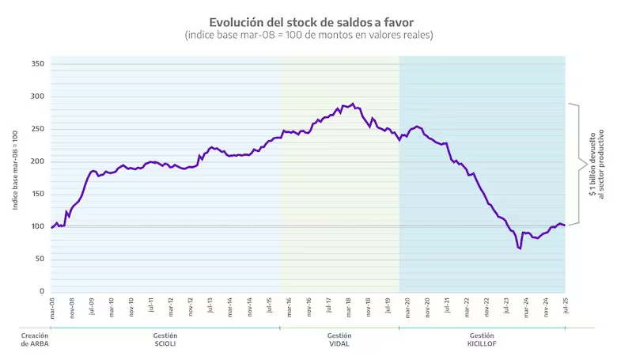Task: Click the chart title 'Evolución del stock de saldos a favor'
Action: click(x=308, y=22)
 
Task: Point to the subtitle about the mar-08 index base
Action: click(x=308, y=36)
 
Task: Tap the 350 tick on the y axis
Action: click(x=37, y=63)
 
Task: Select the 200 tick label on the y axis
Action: click(x=37, y=161)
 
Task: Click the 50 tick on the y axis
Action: click(x=39, y=259)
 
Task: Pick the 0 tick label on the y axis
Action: click(x=41, y=291)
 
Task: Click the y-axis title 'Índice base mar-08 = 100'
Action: click(x=16, y=170)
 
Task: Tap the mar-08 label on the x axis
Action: click(x=52, y=306)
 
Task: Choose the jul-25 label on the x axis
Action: click(x=565, y=306)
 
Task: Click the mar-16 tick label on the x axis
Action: click(x=289, y=306)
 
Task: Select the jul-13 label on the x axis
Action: click(x=210, y=306)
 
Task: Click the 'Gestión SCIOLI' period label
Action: click(x=165, y=340)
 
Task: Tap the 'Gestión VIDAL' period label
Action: click(x=339, y=340)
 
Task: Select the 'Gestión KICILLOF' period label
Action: click(x=482, y=340)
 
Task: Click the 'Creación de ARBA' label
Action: click(x=35, y=340)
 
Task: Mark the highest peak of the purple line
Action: click(x=353, y=103)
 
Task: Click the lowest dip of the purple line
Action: click(x=520, y=248)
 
